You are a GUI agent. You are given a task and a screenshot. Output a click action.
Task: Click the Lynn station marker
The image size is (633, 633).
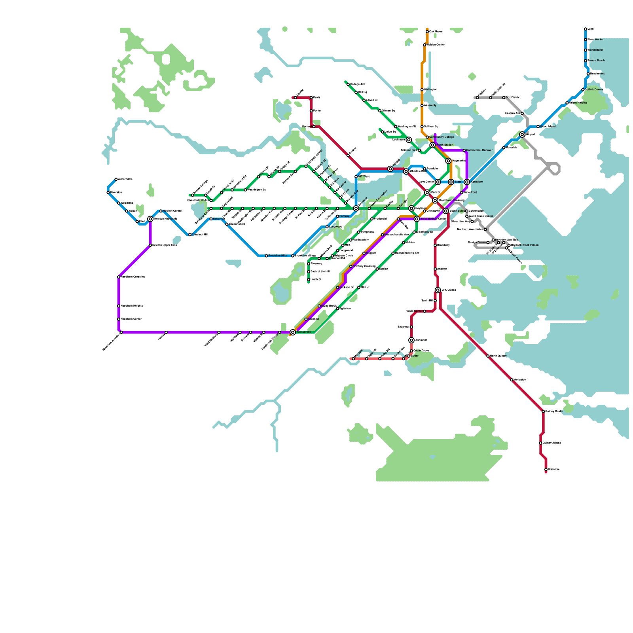[586, 29]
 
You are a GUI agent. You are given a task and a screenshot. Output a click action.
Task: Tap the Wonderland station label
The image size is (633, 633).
[595, 50]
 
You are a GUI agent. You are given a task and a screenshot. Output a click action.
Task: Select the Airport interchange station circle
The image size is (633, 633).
[522, 135]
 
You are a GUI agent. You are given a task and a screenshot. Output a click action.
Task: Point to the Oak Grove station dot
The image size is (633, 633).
[427, 32]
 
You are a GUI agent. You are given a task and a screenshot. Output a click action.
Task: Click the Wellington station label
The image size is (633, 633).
[430, 90]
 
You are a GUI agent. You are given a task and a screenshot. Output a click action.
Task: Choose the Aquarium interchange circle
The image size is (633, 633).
[467, 182]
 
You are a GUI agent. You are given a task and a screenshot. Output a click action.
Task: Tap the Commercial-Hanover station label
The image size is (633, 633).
[479, 150]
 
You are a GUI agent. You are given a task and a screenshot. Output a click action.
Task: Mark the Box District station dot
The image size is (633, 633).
[504, 98]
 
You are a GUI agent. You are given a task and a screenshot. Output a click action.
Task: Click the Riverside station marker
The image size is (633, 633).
[108, 193]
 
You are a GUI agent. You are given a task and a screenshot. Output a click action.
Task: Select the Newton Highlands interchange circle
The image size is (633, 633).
[150, 219]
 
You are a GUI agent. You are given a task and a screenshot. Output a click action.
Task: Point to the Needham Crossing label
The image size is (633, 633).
[133, 277]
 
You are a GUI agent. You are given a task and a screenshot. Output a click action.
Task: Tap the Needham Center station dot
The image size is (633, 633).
[119, 319]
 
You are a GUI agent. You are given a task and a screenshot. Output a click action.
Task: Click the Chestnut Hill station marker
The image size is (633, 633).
[190, 235]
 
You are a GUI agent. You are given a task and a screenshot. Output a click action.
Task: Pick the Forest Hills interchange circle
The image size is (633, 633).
[293, 332]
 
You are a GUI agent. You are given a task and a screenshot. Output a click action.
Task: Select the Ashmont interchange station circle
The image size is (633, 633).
[411, 340]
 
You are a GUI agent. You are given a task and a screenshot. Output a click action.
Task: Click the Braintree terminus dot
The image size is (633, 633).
[546, 470]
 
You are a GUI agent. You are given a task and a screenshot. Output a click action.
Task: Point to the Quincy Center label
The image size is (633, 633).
[554, 411]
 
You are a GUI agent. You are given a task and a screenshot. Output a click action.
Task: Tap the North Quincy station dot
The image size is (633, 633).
[488, 356]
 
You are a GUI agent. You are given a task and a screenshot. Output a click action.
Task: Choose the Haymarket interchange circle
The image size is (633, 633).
[448, 161]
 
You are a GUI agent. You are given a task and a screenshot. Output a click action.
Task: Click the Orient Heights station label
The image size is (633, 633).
[578, 103]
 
